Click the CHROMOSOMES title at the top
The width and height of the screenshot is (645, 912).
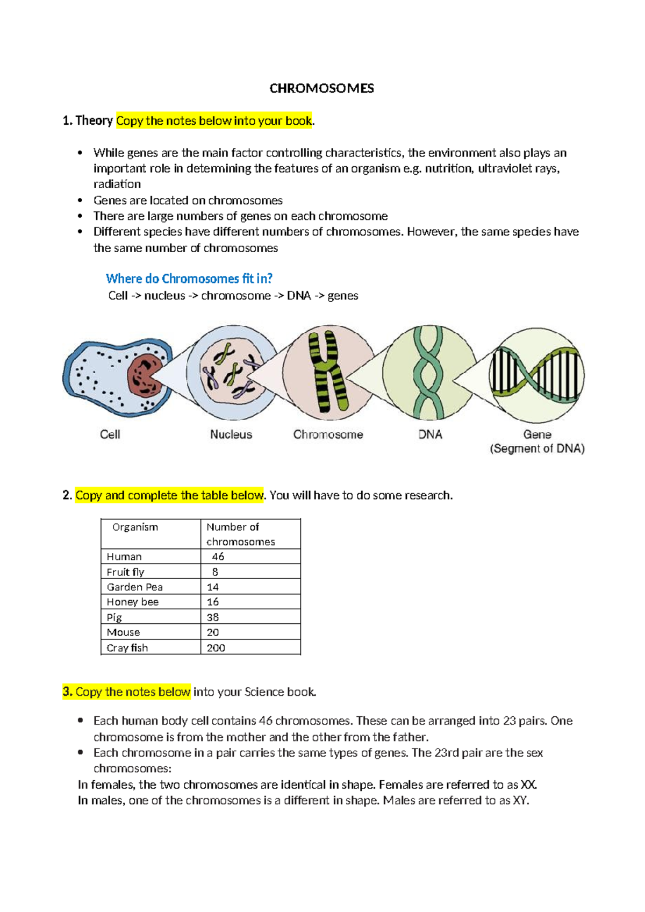(x=321, y=89)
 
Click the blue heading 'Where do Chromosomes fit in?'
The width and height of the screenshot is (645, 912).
(x=189, y=279)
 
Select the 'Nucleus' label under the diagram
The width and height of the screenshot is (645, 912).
(x=231, y=434)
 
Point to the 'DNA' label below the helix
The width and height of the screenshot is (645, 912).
(x=430, y=434)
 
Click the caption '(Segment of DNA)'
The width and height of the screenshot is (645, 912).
(x=537, y=448)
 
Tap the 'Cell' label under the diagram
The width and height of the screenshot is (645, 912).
(x=110, y=434)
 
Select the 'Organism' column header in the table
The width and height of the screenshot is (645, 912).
(x=135, y=527)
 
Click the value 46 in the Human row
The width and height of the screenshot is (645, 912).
(x=218, y=557)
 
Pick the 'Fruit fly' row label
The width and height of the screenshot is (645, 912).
(x=125, y=572)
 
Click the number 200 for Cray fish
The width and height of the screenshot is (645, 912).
(x=216, y=648)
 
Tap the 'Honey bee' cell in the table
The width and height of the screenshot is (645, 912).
(x=133, y=602)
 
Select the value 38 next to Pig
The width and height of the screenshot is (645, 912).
(x=213, y=617)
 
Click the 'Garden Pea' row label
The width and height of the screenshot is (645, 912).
(x=134, y=587)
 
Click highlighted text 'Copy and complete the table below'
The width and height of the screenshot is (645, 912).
(x=169, y=495)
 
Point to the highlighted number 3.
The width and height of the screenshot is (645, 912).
(x=67, y=692)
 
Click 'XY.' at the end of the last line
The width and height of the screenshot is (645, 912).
(x=521, y=801)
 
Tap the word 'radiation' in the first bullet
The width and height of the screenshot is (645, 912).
(x=117, y=184)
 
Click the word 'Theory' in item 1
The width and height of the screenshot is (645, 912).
(x=94, y=121)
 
